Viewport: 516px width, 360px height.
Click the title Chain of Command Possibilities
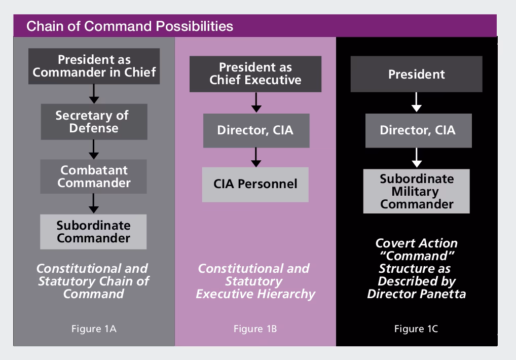(x=130, y=26)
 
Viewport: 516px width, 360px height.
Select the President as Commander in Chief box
(x=94, y=66)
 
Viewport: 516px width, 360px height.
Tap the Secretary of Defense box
(x=94, y=122)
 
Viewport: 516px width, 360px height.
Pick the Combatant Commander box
(x=94, y=176)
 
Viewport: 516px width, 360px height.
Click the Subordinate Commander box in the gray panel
(x=94, y=232)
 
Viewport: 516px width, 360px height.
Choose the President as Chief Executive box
(x=255, y=74)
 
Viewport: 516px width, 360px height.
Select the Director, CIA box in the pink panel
(x=255, y=130)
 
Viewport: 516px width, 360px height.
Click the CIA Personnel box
(x=255, y=184)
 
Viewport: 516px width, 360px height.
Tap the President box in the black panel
(x=416, y=75)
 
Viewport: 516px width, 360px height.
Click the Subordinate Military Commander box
(x=417, y=191)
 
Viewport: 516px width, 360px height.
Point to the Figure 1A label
(x=93, y=329)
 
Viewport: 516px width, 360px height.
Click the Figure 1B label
(x=255, y=329)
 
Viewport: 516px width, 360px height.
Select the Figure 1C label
(x=416, y=329)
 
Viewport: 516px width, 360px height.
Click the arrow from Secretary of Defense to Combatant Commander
(x=94, y=150)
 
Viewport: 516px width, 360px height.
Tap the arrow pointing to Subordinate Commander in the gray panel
(x=94, y=204)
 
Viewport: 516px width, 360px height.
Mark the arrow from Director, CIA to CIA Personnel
(x=256, y=157)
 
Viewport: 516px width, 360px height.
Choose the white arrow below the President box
(x=417, y=102)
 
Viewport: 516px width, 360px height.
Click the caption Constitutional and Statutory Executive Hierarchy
(x=255, y=281)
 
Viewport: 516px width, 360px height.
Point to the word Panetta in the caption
(x=440, y=294)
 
